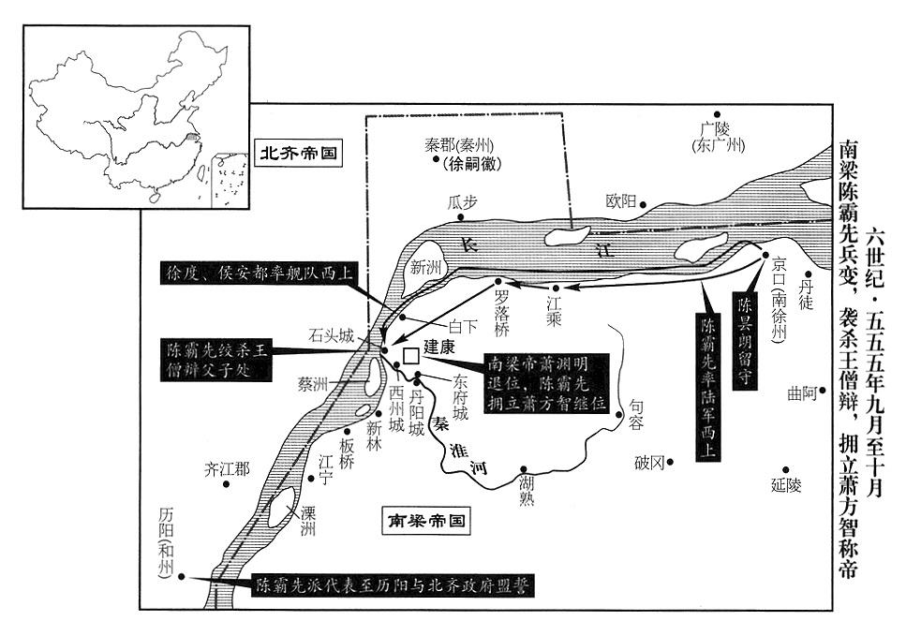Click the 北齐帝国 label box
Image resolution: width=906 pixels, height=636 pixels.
point(298,153)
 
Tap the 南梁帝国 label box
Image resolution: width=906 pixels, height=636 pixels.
point(426,522)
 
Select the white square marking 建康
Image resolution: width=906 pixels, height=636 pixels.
point(410,356)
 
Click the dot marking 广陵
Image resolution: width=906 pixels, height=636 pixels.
point(717,114)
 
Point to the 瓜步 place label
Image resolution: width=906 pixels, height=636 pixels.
point(462,202)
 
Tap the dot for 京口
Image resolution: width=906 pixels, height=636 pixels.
point(765,255)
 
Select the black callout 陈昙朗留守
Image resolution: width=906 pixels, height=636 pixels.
point(745,340)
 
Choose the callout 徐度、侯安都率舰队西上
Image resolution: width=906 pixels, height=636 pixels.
point(257,273)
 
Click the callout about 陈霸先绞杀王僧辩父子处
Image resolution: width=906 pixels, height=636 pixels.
point(216,360)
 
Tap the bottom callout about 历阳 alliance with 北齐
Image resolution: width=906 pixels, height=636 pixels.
point(393,585)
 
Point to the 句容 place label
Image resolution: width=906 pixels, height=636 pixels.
point(635,414)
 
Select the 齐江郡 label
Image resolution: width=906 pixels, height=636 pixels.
point(227,469)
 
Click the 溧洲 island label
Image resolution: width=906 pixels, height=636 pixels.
point(308,521)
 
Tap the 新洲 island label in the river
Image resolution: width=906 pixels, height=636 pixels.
point(425,267)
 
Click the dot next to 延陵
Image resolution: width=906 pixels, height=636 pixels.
point(785,469)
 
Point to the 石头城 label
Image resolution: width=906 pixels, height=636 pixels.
point(331,335)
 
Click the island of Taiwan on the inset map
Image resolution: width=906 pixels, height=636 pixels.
point(202,172)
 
